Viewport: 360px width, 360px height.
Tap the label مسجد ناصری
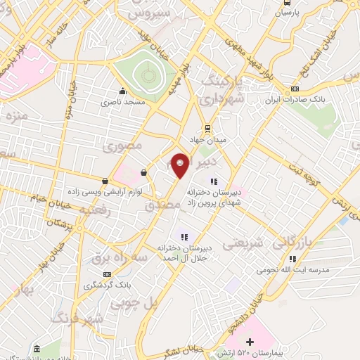click(124, 103)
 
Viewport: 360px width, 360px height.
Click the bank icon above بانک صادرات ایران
click(295, 89)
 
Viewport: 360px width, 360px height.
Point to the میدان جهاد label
click(207, 140)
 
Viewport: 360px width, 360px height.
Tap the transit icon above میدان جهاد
click(207, 128)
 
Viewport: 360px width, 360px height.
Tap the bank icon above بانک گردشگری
click(106, 274)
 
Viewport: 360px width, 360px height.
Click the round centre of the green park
click(146, 74)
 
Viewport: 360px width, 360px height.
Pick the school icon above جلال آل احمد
click(184, 237)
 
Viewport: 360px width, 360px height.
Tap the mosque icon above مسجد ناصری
click(123, 91)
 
